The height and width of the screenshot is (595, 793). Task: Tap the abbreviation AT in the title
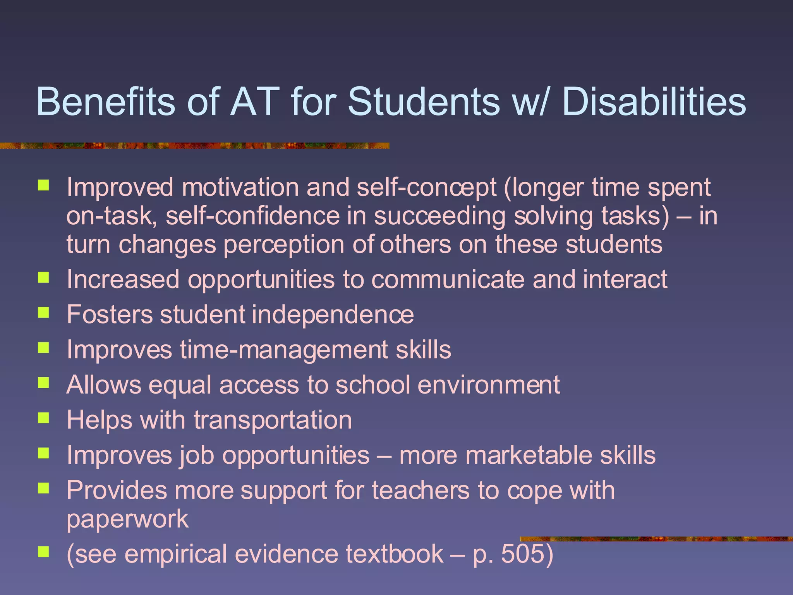click(x=254, y=101)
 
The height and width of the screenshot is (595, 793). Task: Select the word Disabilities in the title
click(x=654, y=101)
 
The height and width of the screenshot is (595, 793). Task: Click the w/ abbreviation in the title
click(x=529, y=101)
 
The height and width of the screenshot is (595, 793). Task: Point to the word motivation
click(x=240, y=187)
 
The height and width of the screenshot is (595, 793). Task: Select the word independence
click(x=333, y=315)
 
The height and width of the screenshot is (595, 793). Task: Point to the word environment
click(x=489, y=385)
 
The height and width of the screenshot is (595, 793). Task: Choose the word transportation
click(x=273, y=420)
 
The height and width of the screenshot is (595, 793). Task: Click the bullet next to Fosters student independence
click(x=43, y=312)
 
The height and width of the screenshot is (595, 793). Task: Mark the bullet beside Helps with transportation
click(x=43, y=418)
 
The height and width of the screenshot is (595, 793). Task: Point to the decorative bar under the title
click(x=194, y=146)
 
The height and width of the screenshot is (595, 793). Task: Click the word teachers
click(x=421, y=490)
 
